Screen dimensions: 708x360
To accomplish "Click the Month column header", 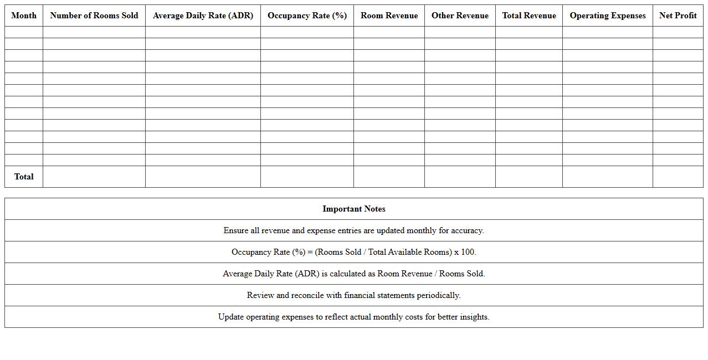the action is click(x=24, y=16).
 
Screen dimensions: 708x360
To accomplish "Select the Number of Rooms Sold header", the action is click(x=94, y=16).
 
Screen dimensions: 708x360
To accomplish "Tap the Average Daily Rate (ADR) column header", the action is click(x=203, y=16).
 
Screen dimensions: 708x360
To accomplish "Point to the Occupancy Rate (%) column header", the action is click(x=307, y=16).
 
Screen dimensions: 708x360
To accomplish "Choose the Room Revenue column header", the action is click(x=389, y=16).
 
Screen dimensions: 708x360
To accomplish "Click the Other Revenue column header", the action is click(x=460, y=16).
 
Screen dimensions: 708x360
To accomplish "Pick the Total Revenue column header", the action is click(x=529, y=16).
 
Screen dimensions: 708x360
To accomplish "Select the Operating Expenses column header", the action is click(x=607, y=16).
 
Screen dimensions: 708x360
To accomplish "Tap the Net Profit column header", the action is click(x=678, y=16).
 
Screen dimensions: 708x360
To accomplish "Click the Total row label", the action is click(x=24, y=177).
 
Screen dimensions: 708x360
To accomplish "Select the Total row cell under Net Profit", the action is click(x=678, y=177).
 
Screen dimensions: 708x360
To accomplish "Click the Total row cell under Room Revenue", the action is click(x=389, y=177).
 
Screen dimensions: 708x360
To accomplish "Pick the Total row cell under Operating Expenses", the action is click(x=607, y=177).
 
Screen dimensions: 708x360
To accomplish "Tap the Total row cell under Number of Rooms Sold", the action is click(x=94, y=177).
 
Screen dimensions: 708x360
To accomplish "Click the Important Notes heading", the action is click(x=354, y=209).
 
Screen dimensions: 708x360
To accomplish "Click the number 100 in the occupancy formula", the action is click(x=468, y=252).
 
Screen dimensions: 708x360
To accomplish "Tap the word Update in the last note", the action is click(x=231, y=317).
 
